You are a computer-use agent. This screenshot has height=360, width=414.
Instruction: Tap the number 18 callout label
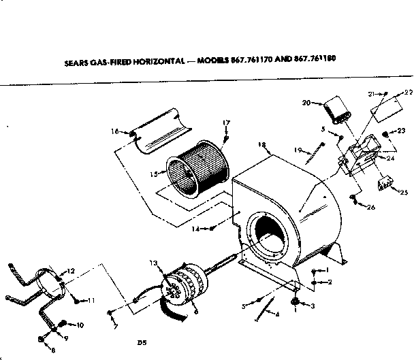tap(261, 145)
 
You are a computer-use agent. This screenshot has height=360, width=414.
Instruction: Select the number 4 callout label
tap(278, 315)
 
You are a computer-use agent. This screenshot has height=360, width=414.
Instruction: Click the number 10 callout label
tap(80, 326)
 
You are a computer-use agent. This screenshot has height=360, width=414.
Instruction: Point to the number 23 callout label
tap(402, 130)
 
